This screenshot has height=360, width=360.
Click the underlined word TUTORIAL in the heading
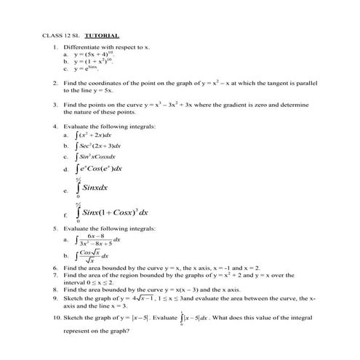102,35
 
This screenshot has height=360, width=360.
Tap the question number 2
55,84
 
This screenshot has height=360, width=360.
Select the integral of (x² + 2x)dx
94,135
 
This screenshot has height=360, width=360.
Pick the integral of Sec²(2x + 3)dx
97,145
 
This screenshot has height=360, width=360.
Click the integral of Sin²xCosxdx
95,156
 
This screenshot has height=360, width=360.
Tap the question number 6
55,268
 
